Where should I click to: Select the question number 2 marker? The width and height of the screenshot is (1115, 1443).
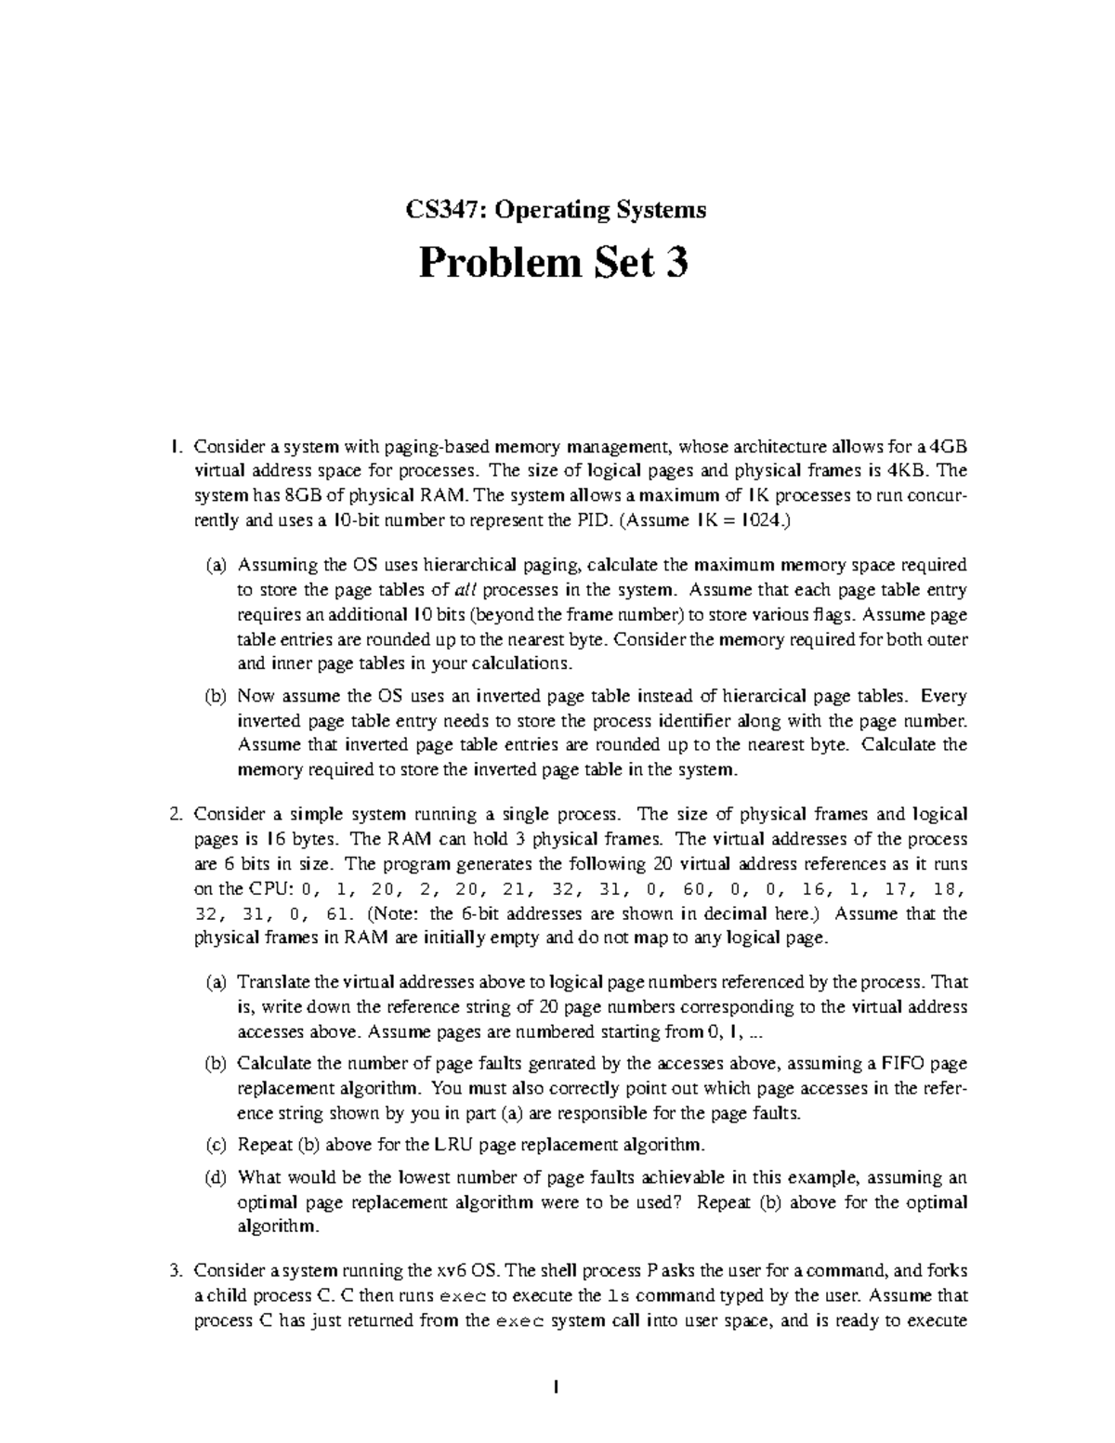pyautogui.click(x=176, y=815)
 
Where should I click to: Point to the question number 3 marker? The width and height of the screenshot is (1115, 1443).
pyautogui.click(x=176, y=1270)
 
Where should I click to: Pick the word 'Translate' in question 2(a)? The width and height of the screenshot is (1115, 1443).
pyautogui.click(x=272, y=982)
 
